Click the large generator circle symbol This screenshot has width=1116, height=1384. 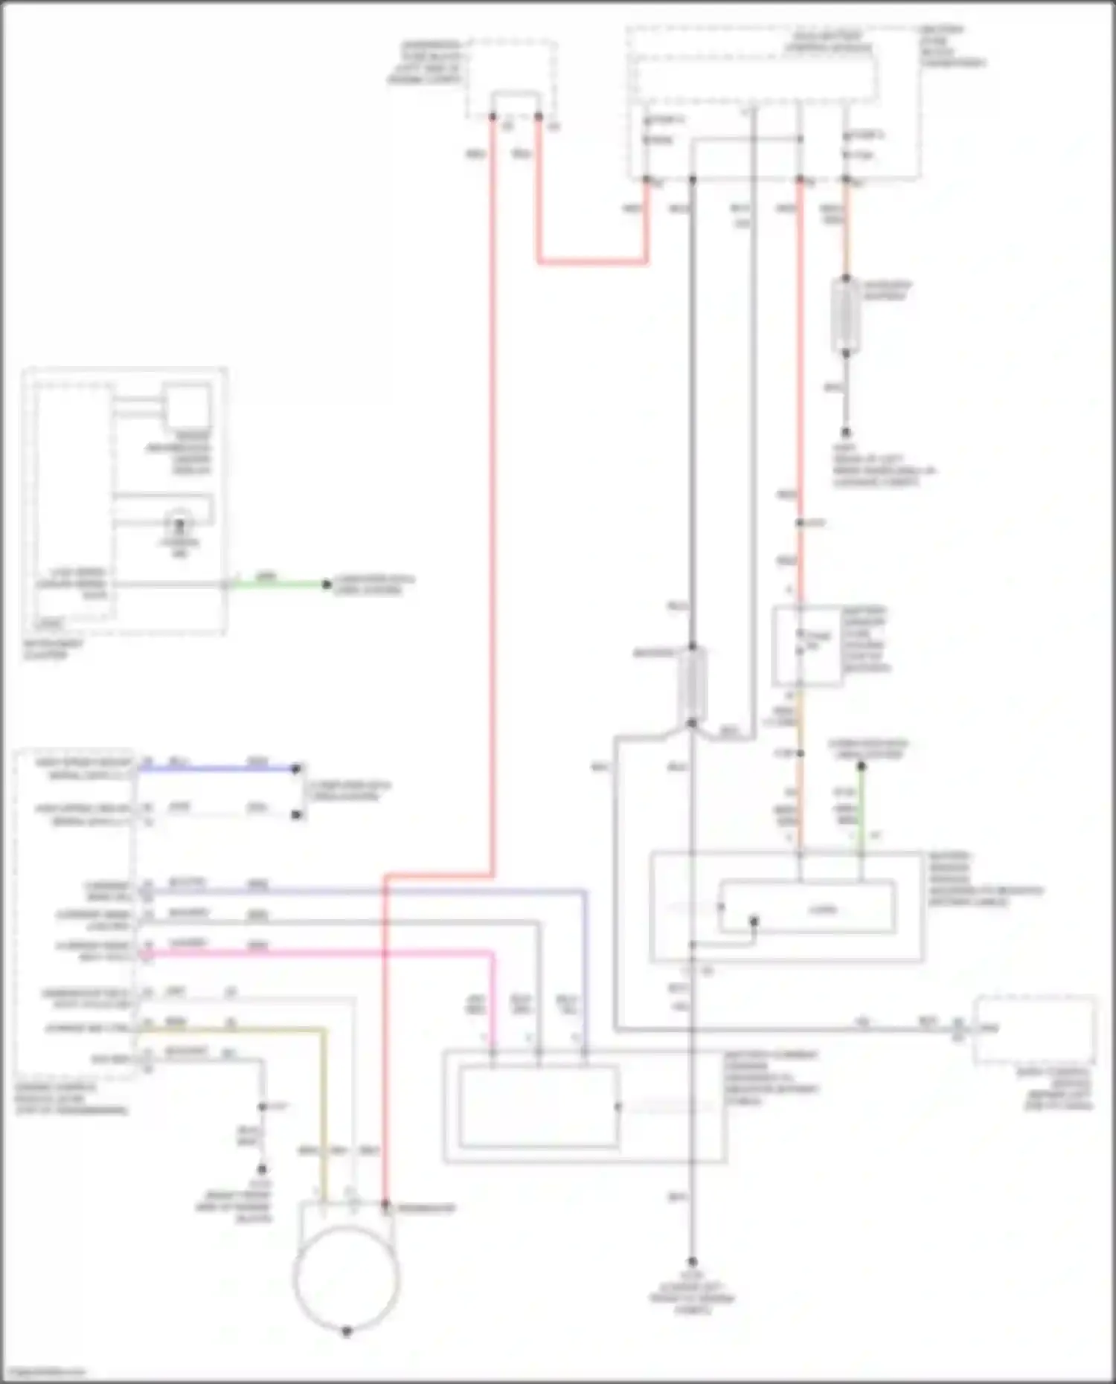(x=347, y=1278)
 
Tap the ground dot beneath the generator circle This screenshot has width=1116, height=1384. (x=347, y=1331)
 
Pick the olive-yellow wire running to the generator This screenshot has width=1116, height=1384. (x=324, y=1101)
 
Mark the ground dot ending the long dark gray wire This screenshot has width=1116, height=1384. (x=692, y=1262)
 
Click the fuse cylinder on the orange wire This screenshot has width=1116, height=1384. (x=845, y=315)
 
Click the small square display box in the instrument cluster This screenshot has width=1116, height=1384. (x=187, y=406)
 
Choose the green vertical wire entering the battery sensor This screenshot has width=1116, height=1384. (x=862, y=807)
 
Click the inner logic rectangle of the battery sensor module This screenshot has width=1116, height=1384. (x=807, y=907)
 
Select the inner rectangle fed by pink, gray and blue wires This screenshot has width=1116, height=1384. (x=539, y=1107)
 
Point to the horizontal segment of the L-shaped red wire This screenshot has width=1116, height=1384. (x=591, y=262)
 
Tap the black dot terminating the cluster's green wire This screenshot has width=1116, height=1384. (x=326, y=585)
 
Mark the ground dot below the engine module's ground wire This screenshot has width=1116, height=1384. (x=262, y=1168)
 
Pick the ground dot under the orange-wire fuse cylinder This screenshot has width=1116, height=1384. (x=845, y=431)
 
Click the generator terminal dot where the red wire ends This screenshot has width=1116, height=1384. (x=385, y=1203)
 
